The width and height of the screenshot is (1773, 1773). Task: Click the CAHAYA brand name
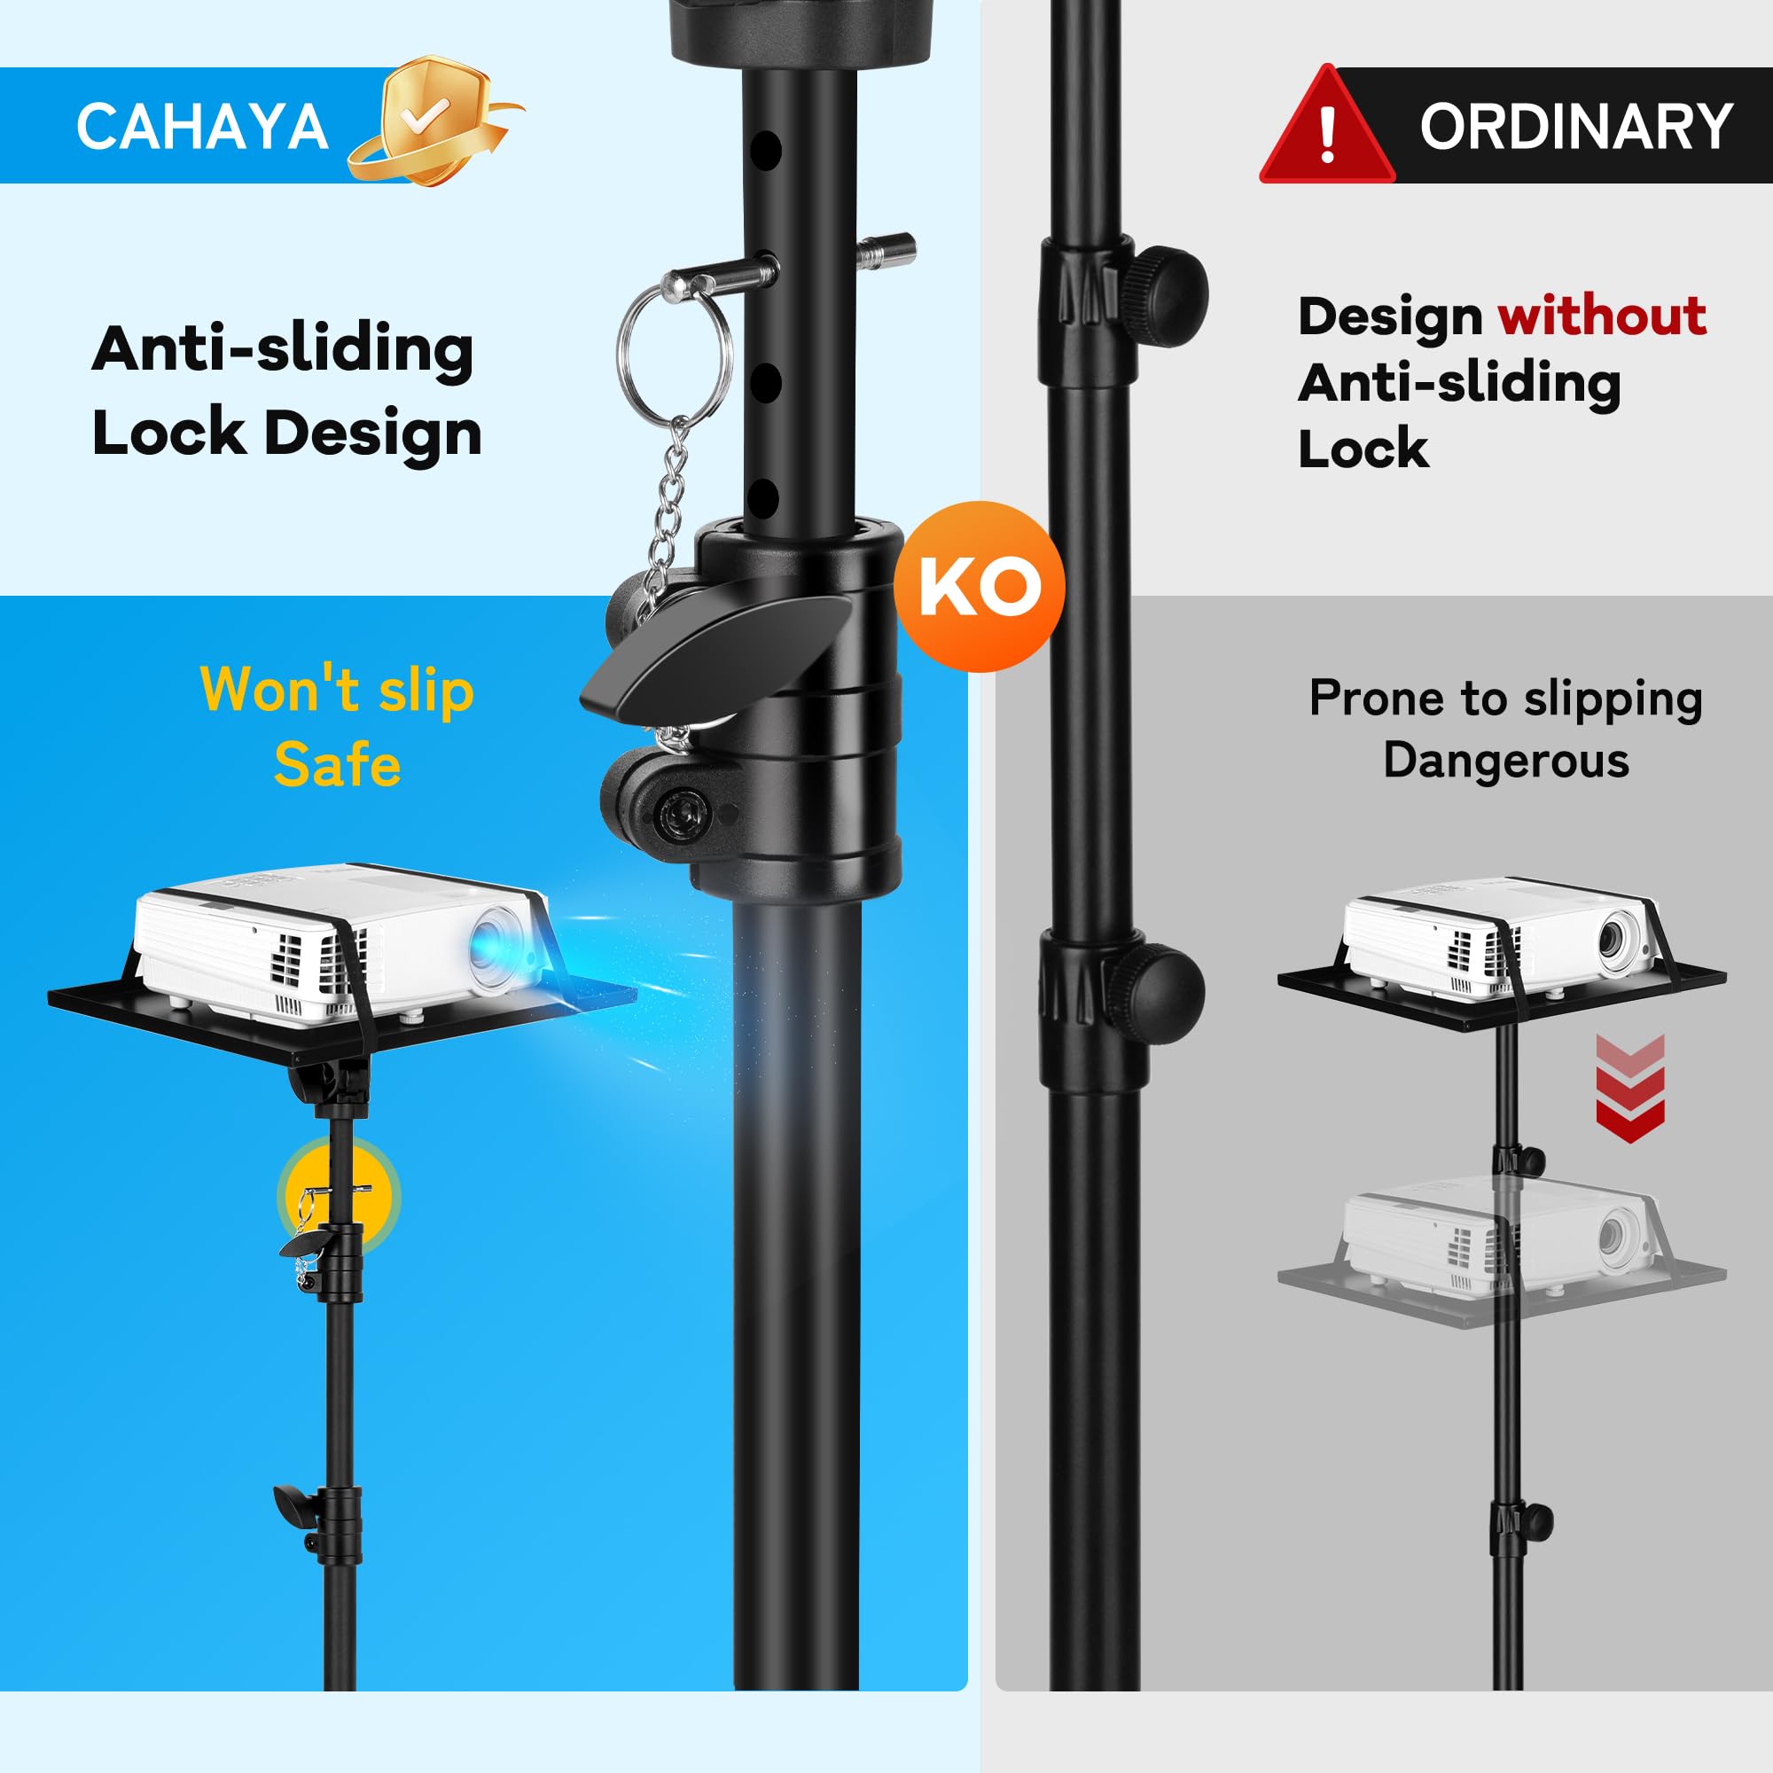(x=202, y=126)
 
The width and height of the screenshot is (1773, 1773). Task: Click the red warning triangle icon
(x=1325, y=129)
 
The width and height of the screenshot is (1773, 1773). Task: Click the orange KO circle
(x=980, y=586)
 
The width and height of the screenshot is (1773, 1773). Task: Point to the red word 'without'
(x=1602, y=316)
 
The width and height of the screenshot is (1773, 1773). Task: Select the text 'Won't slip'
(x=337, y=690)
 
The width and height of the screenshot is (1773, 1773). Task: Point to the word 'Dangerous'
(x=1506, y=761)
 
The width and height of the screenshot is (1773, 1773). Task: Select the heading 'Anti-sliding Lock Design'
(x=286, y=391)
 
